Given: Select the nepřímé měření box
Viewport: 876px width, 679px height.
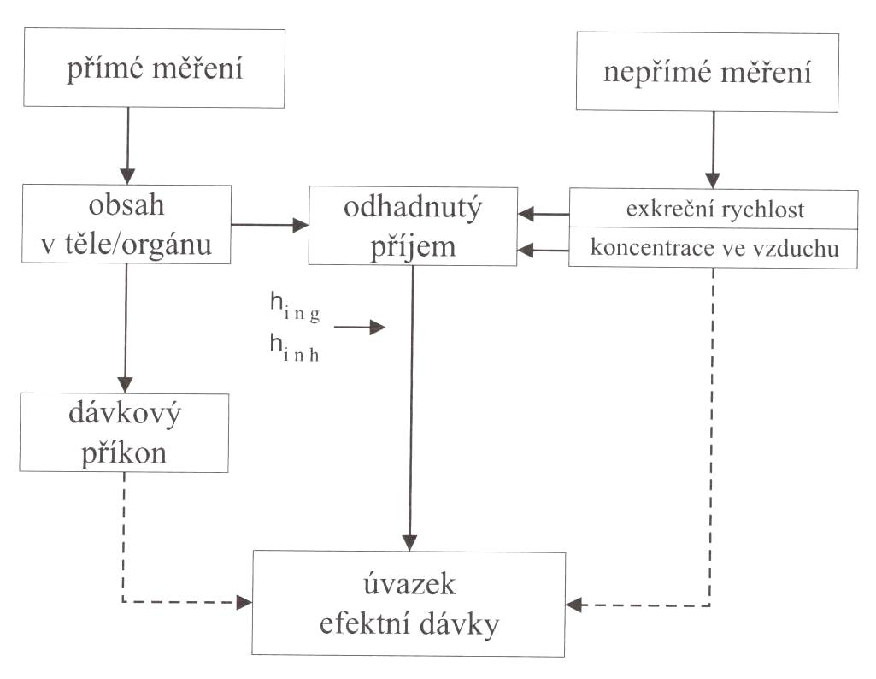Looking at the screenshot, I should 707,72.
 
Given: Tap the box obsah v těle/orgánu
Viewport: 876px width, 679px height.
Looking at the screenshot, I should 126,223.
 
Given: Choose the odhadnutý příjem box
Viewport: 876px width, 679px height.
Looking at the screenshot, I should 413,225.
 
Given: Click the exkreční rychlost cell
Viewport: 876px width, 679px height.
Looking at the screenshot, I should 713,210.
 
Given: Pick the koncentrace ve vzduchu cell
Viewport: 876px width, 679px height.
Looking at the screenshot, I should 713,249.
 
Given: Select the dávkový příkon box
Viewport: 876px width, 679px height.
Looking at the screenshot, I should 126,433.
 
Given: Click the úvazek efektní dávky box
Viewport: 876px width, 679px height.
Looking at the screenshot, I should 409,604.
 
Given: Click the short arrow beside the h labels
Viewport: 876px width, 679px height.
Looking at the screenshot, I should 360,327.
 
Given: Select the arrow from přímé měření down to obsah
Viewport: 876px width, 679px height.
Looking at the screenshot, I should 126,145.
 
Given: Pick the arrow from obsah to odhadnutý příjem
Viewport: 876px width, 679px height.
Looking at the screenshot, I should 270,225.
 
